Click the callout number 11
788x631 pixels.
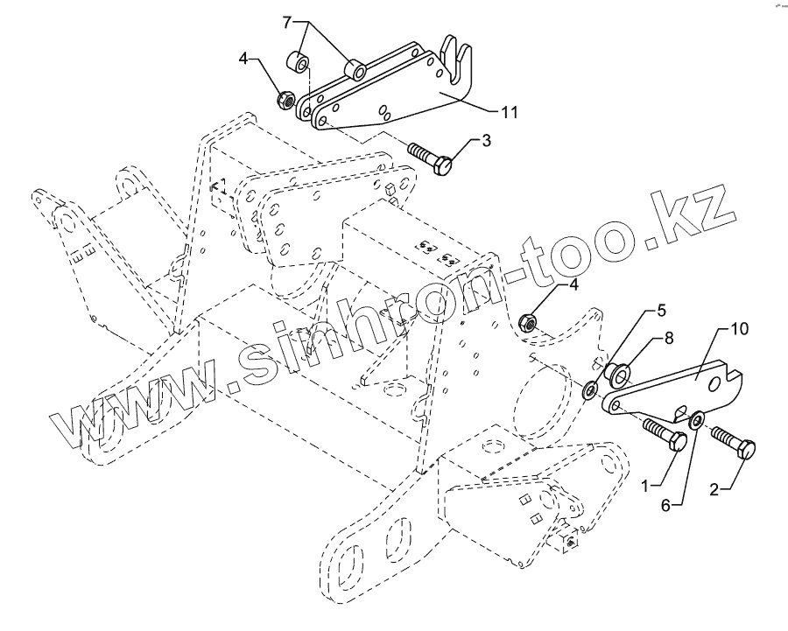click(x=509, y=113)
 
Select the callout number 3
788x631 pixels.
click(x=485, y=140)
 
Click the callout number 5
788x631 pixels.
click(x=662, y=311)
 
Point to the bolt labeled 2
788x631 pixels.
click(x=729, y=440)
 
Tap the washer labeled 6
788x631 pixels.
click(x=697, y=421)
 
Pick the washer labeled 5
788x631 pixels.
click(x=590, y=388)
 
